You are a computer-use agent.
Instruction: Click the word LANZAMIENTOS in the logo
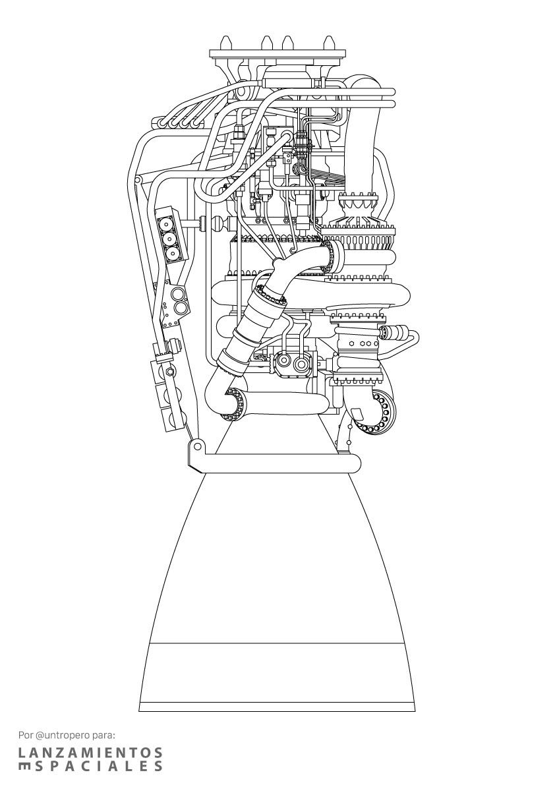[90, 752]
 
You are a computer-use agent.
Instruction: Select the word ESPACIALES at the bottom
[90, 766]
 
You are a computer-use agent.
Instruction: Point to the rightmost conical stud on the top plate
[329, 42]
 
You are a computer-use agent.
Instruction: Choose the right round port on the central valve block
[301, 364]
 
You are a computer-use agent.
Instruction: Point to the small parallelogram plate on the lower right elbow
[359, 414]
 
